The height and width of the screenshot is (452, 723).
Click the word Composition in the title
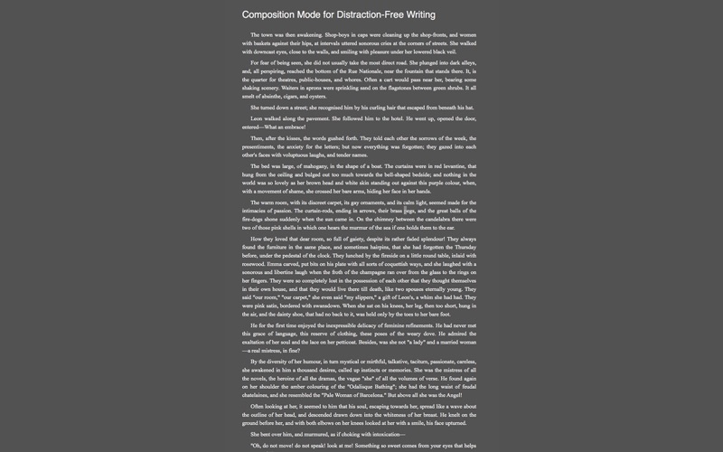(273, 14)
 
